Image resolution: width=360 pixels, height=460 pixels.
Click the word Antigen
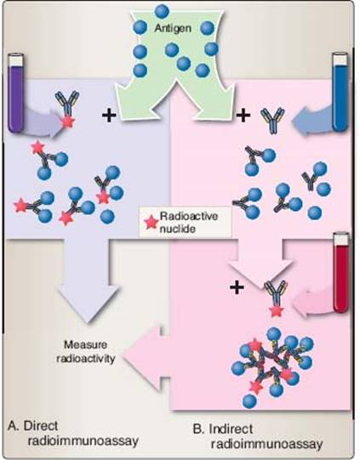click(x=173, y=28)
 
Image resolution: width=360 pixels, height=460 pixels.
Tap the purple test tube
click(x=16, y=93)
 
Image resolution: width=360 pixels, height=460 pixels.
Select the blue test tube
click(x=340, y=92)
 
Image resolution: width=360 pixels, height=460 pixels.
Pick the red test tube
click(x=341, y=272)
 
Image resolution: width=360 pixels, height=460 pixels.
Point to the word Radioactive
click(x=189, y=216)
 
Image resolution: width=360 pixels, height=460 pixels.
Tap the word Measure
click(x=85, y=344)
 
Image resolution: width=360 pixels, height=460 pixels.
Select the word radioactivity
click(x=85, y=358)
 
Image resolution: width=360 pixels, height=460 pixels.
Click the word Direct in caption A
click(x=41, y=426)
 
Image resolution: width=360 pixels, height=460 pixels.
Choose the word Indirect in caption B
click(x=231, y=429)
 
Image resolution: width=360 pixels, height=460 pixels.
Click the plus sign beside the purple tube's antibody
click(x=109, y=116)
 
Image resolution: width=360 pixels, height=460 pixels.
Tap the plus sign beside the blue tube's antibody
click(x=243, y=115)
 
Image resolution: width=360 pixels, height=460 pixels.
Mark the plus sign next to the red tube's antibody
click(x=237, y=287)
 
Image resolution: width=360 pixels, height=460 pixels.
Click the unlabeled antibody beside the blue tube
click(x=272, y=120)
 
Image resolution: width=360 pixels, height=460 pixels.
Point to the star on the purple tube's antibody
click(x=67, y=122)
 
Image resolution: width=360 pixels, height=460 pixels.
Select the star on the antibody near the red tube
click(x=276, y=310)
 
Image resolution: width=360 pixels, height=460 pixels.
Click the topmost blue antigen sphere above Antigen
click(x=161, y=10)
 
